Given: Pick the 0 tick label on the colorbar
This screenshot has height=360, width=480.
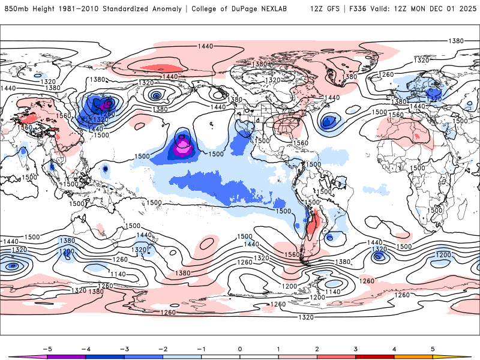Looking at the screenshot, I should click(240, 348).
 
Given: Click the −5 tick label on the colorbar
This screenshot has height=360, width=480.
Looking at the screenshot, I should click(47, 348).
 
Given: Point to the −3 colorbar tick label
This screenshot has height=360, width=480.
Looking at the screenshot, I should click(124, 348).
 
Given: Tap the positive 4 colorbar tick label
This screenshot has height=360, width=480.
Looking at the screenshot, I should click(394, 348).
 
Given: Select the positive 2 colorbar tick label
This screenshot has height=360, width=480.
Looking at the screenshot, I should click(317, 348).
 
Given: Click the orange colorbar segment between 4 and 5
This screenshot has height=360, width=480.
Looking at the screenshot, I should click(413, 356).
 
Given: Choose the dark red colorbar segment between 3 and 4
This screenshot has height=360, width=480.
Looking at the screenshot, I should click(375, 356).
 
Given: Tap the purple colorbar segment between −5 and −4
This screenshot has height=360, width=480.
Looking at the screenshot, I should click(66, 356).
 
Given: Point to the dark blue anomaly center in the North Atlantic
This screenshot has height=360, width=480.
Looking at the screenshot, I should click(328, 122).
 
